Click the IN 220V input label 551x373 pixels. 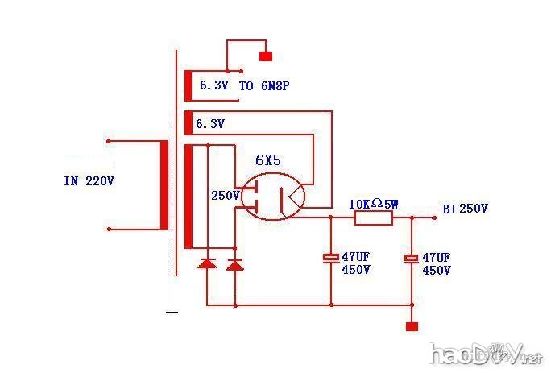tap(89, 181)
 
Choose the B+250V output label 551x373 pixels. tap(465, 209)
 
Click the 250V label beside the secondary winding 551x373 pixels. tap(225, 196)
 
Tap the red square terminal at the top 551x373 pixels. tap(265, 56)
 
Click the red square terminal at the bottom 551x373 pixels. tap(412, 326)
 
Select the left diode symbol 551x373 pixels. tap(207, 263)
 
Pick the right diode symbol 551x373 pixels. tap(234, 263)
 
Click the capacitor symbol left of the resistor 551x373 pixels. tap(330, 258)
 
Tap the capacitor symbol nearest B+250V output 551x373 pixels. tap(412, 258)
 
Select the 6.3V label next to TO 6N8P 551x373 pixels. tap(213, 84)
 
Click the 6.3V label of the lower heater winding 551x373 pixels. tap(210, 124)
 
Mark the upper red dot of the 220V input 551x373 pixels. tap(108, 141)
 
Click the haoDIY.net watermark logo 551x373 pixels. tap(483, 353)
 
